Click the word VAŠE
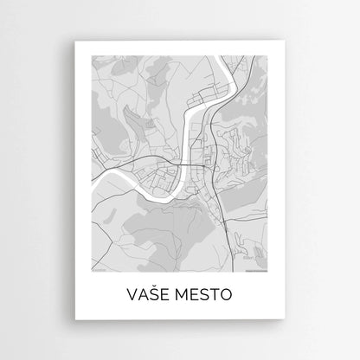[150, 295]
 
